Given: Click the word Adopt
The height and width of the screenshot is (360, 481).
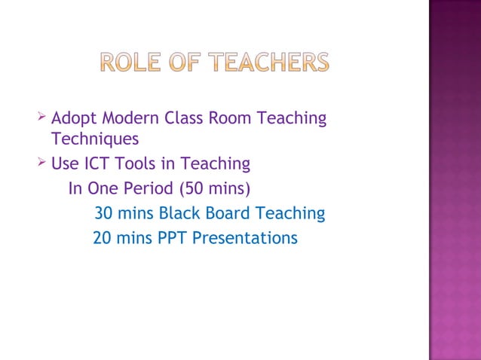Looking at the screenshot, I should pos(73,119).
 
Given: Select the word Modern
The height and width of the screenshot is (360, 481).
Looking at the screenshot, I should pos(127,118).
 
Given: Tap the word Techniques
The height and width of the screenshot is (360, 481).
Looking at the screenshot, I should pos(95,139).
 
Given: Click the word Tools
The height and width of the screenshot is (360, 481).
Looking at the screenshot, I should pos(136,163).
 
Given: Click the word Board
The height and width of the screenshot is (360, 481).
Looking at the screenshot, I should pos(231,214).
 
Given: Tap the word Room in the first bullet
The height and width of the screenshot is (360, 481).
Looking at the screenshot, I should pos(231,118).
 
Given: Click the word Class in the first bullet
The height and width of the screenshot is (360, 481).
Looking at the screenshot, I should pos(182,118).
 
